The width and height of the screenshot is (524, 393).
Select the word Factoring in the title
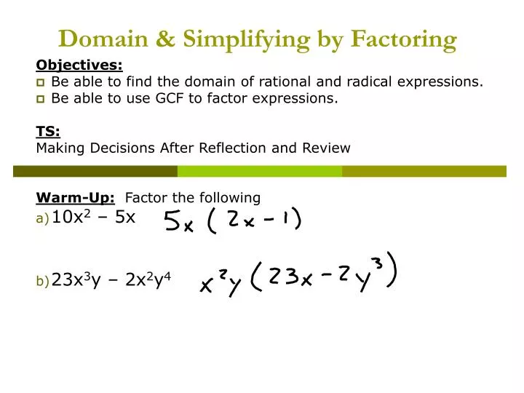click(403, 39)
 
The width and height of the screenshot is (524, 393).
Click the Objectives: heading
click(79, 64)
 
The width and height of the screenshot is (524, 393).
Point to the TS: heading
click(48, 131)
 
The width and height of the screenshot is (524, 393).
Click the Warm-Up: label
click(76, 197)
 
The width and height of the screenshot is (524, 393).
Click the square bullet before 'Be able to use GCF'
click(41, 99)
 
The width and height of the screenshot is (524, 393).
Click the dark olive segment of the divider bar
click(95, 171)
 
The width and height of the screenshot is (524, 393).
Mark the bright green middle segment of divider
click(260, 171)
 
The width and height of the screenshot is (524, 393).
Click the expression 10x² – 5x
click(94, 216)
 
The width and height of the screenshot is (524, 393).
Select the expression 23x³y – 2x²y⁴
click(111, 279)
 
